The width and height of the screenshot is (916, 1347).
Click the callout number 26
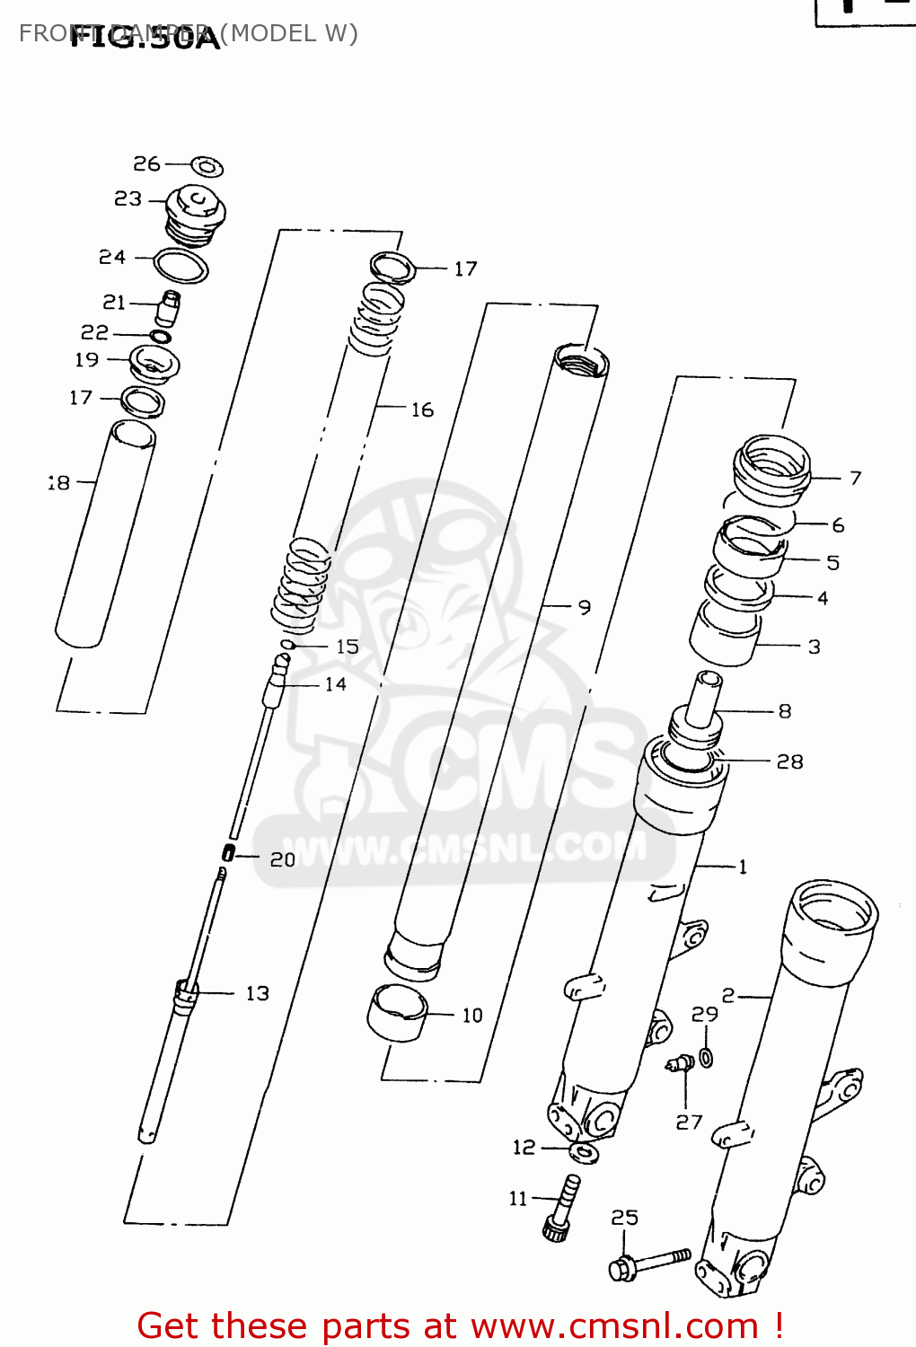click(x=146, y=163)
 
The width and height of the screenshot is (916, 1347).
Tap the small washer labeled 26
click(x=207, y=167)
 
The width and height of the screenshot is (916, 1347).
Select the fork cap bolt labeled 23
click(x=196, y=214)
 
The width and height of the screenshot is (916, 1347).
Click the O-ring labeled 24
click(x=181, y=266)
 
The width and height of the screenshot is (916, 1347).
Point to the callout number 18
click(x=59, y=483)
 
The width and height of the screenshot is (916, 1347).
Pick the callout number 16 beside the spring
click(x=422, y=410)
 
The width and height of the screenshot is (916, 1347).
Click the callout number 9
click(x=585, y=608)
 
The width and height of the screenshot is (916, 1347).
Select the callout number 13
click(x=258, y=993)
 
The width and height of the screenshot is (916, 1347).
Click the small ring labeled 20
click(x=228, y=852)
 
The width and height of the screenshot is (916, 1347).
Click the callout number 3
click(x=814, y=647)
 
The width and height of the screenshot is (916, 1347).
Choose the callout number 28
click(x=789, y=762)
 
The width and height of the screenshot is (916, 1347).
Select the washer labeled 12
click(x=584, y=1152)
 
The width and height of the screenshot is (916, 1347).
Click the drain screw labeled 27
click(x=680, y=1065)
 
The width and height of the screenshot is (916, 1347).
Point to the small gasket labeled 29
click(x=707, y=1057)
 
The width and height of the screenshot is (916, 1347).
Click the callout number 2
click(x=728, y=995)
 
